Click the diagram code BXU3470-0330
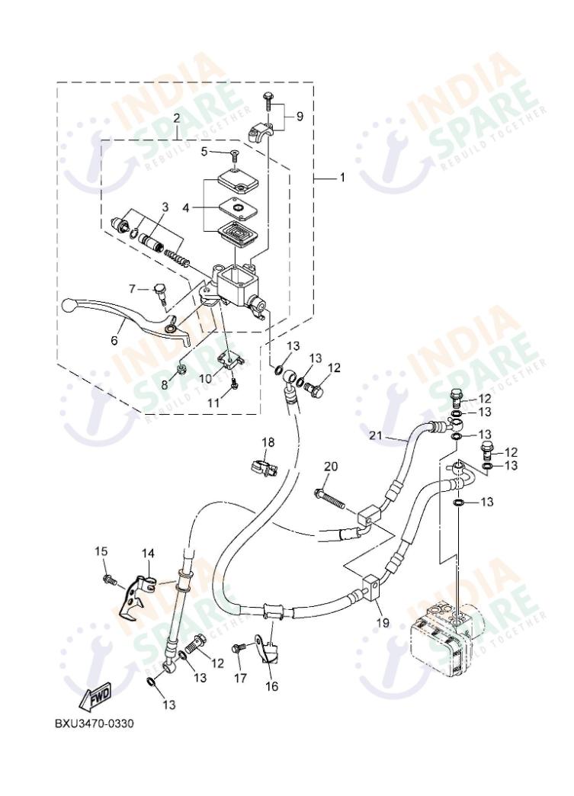tap(94, 723)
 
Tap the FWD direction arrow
tap(96, 696)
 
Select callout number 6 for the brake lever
tap(114, 340)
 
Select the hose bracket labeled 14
tap(142, 591)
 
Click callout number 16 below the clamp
tap(271, 686)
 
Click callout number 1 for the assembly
tap(342, 177)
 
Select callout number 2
tap(176, 118)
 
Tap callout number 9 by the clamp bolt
tap(300, 116)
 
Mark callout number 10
tap(205, 377)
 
